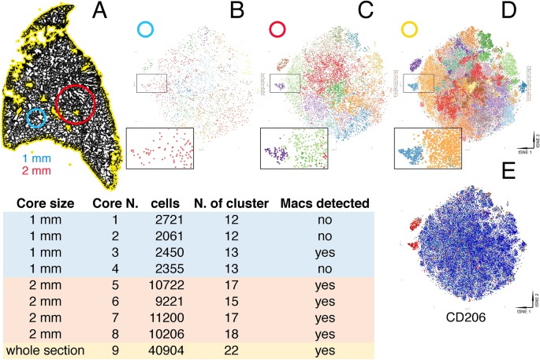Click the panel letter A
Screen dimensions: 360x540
coord(100,11)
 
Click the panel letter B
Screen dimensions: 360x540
coord(237,11)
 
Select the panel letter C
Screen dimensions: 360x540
coord(365,11)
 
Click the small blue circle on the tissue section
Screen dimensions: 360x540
coord(37,118)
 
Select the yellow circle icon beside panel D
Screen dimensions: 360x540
coord(411,30)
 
